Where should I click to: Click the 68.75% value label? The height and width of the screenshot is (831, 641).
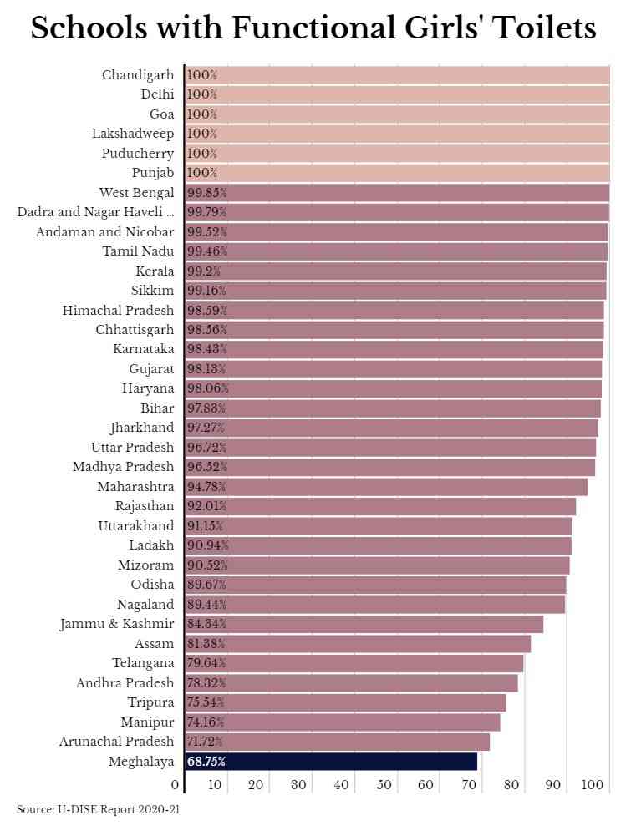click(206, 762)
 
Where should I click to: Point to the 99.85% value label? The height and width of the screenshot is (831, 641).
click(206, 193)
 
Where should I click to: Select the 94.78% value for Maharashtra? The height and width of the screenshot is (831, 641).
click(206, 487)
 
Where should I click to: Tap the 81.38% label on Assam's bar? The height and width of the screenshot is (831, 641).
click(206, 644)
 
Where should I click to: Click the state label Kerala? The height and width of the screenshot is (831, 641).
click(155, 271)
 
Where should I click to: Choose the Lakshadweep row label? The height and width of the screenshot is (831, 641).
click(133, 134)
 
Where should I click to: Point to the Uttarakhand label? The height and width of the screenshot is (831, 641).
click(136, 526)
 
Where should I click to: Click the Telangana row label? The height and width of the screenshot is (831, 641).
click(143, 663)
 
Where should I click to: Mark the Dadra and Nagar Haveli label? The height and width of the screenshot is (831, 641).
click(95, 212)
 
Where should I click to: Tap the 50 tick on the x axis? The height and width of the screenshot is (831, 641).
click(384, 785)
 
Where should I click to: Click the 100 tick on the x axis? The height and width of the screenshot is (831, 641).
click(593, 785)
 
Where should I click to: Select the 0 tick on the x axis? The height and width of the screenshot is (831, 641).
click(175, 785)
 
